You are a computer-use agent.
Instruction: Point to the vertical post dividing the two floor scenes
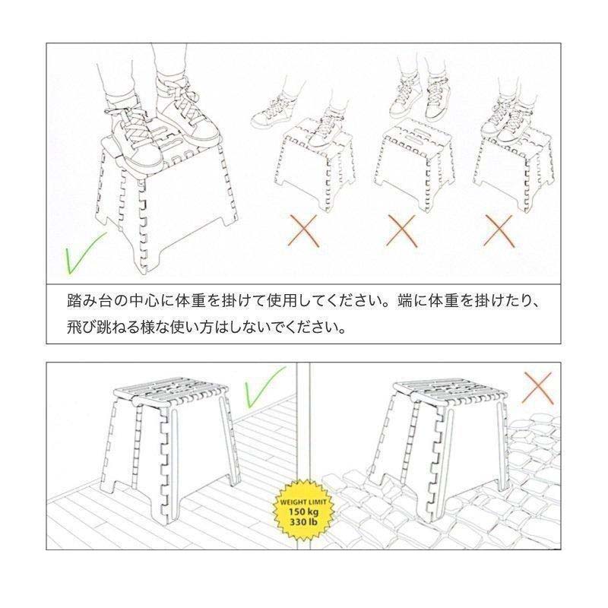301,426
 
